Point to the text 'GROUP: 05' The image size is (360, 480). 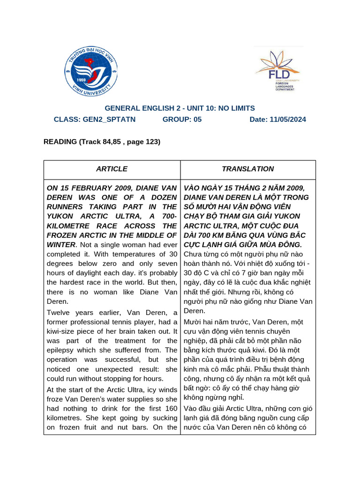point(182,120)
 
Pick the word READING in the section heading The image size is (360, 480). point(60,142)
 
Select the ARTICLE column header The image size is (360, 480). point(112,169)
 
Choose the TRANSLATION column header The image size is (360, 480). point(248,169)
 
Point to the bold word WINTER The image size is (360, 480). point(61,245)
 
